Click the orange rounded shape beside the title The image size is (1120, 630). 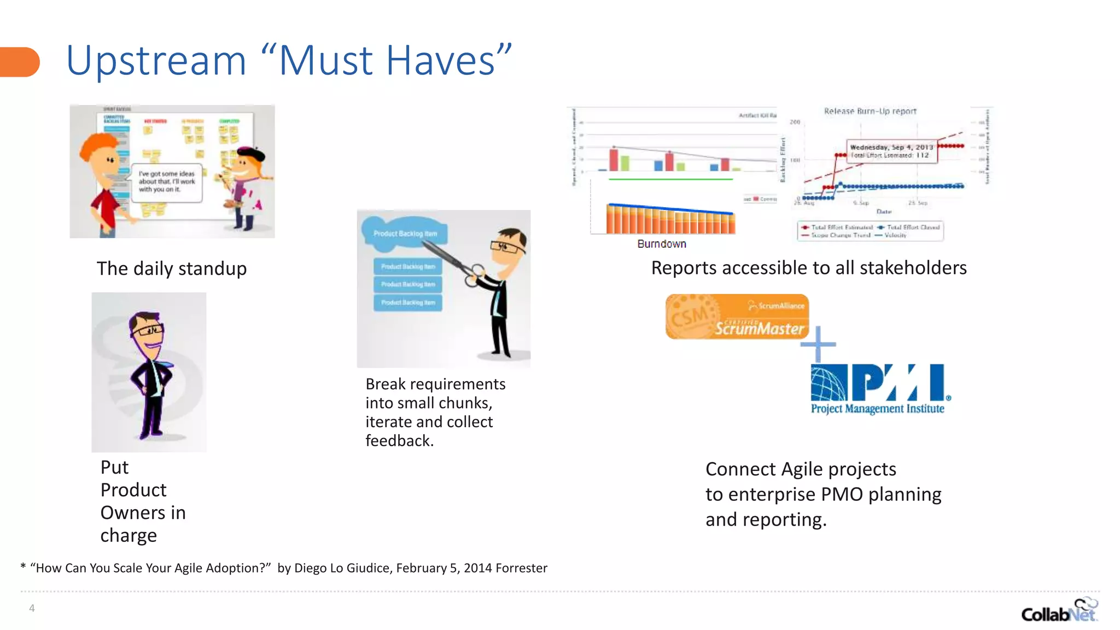20,62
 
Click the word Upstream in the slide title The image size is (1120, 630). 156,61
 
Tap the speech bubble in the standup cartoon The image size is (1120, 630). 167,182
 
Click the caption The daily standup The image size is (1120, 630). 172,269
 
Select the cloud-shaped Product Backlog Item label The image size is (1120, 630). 405,234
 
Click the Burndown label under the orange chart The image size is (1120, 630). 661,244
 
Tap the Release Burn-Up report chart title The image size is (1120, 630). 870,111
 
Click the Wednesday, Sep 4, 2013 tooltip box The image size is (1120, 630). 891,151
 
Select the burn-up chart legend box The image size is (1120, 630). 870,231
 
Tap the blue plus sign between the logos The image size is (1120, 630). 818,344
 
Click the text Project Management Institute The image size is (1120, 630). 877,409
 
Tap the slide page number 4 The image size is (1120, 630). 32,608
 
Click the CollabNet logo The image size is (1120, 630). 1059,611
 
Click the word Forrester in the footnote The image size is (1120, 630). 521,568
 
